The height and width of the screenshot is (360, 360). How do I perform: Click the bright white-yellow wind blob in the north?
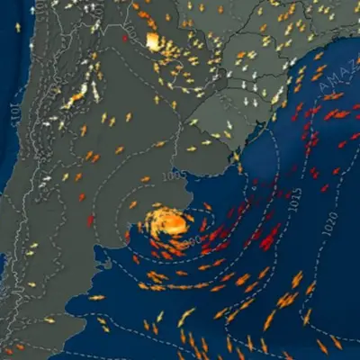[x=153, y=41]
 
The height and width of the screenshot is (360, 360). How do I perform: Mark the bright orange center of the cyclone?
[x=169, y=220]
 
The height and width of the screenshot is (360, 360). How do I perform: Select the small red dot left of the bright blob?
[x=125, y=39]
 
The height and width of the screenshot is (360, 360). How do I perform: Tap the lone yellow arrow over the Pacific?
[x=17, y=27]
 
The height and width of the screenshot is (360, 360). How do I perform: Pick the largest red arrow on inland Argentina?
[x=90, y=220]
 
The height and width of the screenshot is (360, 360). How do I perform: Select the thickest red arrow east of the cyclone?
[x=269, y=236]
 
